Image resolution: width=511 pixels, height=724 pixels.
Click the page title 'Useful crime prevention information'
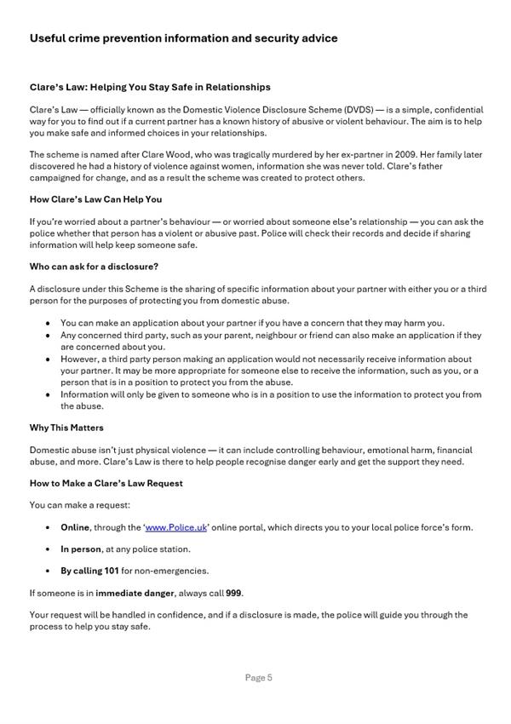click(x=183, y=38)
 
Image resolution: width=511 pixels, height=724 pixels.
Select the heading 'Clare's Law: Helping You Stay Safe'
click(x=150, y=87)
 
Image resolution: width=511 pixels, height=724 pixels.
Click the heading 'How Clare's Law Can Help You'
click(x=95, y=199)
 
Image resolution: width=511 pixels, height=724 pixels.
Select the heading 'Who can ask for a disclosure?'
click(x=94, y=267)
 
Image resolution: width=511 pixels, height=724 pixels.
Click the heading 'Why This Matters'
click(x=66, y=428)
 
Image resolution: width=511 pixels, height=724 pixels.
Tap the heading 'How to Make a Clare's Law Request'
click(x=106, y=483)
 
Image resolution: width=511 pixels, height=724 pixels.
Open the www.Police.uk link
click(x=176, y=527)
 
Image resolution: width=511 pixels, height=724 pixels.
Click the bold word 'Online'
click(x=75, y=527)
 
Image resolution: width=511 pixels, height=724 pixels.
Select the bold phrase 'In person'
click(x=81, y=549)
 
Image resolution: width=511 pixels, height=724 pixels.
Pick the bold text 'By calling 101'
click(x=89, y=571)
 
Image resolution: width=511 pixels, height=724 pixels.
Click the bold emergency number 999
click(x=234, y=593)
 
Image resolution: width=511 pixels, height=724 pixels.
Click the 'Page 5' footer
click(x=258, y=678)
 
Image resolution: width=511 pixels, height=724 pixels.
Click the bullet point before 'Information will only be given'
click(x=47, y=395)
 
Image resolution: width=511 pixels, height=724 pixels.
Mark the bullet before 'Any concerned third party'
click(x=47, y=336)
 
